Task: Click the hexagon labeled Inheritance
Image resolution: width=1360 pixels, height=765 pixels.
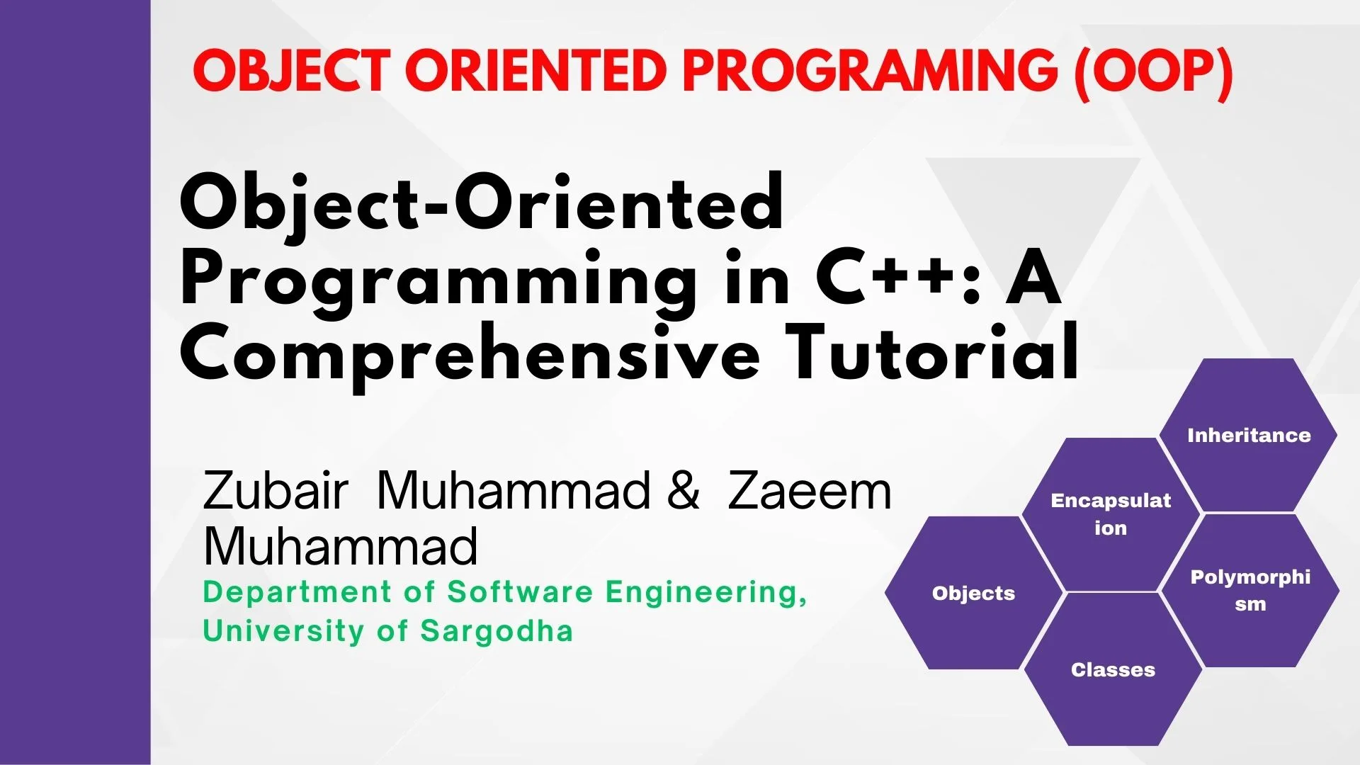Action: (x=1248, y=435)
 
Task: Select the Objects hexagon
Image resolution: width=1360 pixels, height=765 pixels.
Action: (x=973, y=593)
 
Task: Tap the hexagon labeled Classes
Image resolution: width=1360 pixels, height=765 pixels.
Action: (x=1113, y=669)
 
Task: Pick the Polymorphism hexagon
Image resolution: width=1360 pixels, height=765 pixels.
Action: (x=1250, y=590)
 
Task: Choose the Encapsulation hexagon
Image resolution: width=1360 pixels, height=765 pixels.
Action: (x=1110, y=514)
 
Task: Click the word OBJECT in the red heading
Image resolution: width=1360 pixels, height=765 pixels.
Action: (x=291, y=72)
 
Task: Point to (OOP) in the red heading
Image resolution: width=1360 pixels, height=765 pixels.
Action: (x=1154, y=72)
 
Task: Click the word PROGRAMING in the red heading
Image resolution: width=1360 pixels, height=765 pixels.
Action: (x=870, y=72)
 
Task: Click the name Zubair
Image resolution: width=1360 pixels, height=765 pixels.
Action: (x=276, y=490)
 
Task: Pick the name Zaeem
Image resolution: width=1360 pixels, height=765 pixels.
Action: (x=809, y=491)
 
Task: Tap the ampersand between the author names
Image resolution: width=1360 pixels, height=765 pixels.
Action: (x=684, y=490)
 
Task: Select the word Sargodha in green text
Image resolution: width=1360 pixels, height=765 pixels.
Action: (x=497, y=630)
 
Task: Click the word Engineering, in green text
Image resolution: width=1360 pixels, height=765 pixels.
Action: (x=706, y=592)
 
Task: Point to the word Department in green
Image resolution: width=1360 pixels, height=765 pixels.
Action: (x=297, y=592)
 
